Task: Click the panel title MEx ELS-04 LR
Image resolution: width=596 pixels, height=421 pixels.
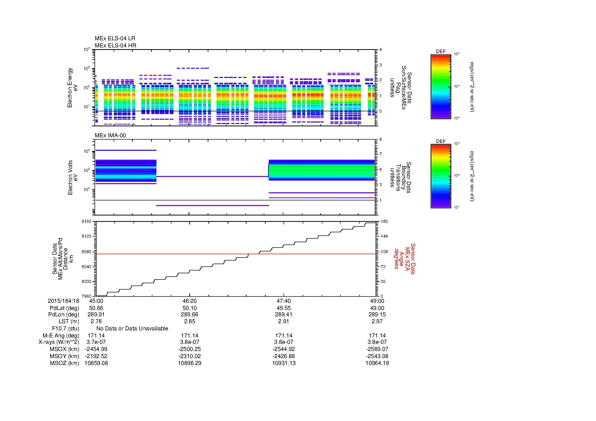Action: (115, 38)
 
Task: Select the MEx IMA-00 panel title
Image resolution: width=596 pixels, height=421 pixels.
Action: (110, 135)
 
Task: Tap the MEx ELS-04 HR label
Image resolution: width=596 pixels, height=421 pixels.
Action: (115, 46)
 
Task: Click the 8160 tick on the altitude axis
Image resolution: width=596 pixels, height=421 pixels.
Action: (86, 222)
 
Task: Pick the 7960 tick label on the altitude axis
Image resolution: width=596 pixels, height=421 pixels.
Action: (86, 296)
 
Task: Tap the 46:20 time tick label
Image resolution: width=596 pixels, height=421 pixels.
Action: (190, 301)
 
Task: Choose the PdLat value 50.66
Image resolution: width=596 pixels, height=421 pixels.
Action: (96, 308)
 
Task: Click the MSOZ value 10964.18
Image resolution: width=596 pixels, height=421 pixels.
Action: (377, 363)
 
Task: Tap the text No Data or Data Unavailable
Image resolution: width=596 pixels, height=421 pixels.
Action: (132, 329)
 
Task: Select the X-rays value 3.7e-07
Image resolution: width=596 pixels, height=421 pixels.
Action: (96, 342)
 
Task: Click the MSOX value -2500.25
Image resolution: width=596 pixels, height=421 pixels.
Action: (190, 349)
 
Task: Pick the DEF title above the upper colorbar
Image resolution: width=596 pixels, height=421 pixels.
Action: (441, 51)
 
